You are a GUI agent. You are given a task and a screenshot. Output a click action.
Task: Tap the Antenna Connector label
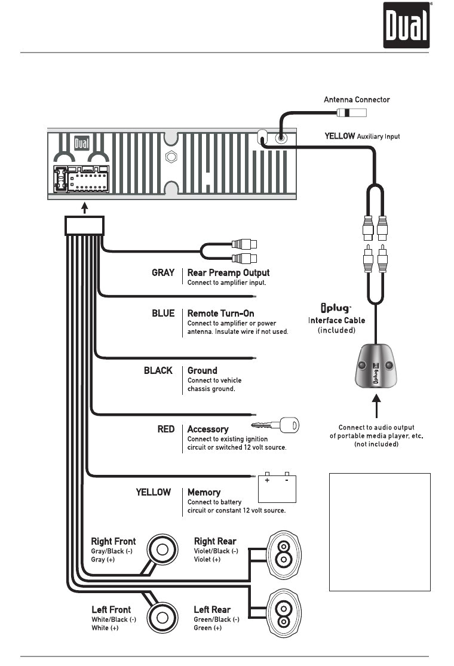coord(357,100)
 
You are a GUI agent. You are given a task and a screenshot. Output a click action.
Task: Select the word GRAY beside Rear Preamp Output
coord(162,273)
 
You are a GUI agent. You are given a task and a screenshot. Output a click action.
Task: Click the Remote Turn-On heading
coord(220,314)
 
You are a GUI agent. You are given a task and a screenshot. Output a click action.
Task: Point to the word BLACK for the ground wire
coord(158,370)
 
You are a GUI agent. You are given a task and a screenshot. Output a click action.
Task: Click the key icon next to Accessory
coord(275,426)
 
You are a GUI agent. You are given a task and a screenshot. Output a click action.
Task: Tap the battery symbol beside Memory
coord(277,488)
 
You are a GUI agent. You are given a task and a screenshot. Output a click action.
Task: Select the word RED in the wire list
coord(165,429)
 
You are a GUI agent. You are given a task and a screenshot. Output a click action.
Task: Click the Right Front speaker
coord(162,548)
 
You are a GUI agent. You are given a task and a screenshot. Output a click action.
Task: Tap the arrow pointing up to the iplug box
coord(376,410)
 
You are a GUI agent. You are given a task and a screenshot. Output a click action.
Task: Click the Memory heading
coord(204,493)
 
